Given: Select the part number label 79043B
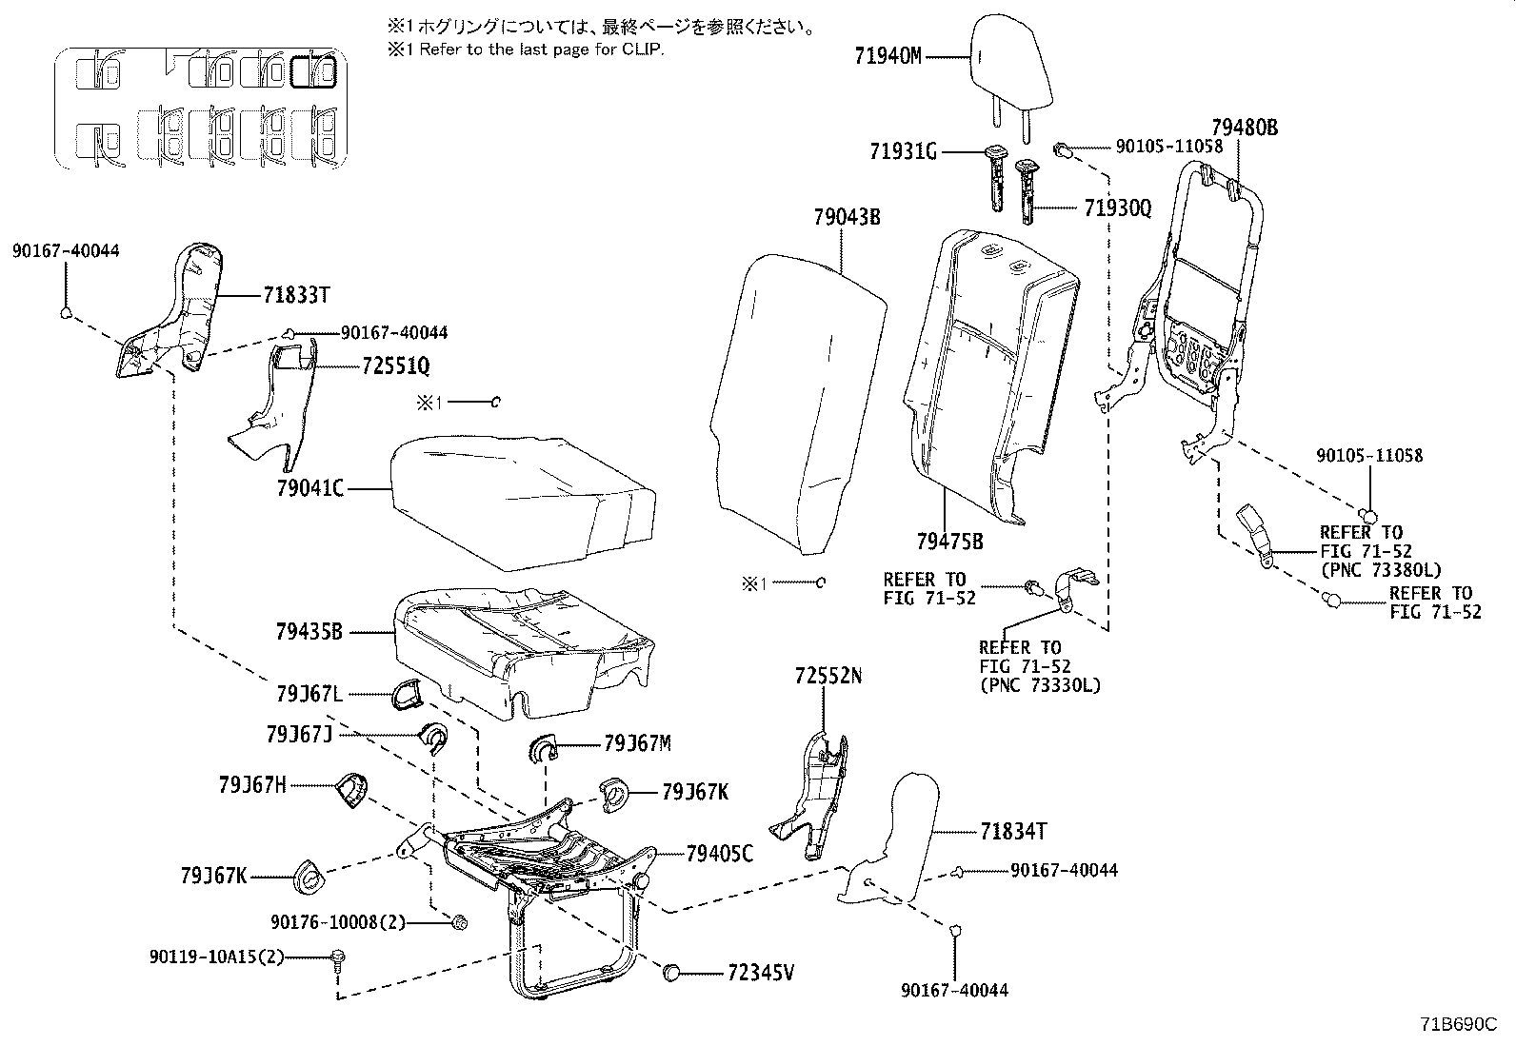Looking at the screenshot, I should (847, 218).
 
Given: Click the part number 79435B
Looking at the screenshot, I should (309, 631).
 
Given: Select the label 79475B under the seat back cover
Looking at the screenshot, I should (949, 542).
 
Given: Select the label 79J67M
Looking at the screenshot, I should (637, 743).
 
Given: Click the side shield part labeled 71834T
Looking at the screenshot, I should (890, 838).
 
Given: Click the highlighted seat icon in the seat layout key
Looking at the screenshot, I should (313, 71).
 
